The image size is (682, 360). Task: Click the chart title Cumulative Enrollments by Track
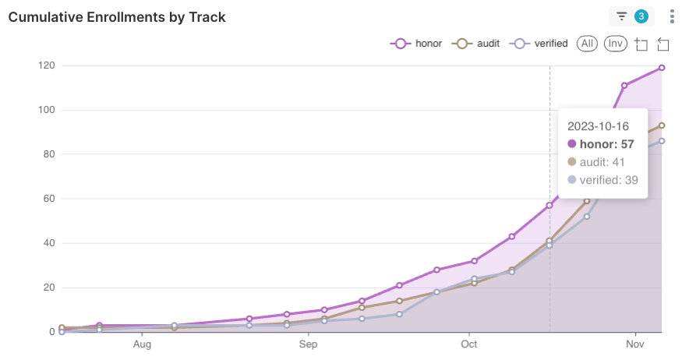[x=117, y=16]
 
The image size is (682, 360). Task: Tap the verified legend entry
[x=539, y=44]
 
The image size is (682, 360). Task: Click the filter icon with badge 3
[x=631, y=16]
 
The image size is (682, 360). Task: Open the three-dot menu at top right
[x=672, y=16]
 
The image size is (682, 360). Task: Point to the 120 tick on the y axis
[x=46, y=65]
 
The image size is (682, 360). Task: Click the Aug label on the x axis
[x=142, y=344]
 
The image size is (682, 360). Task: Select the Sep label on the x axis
[x=309, y=344]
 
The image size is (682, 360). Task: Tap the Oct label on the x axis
[x=469, y=344]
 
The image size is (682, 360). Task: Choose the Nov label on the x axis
[x=635, y=344]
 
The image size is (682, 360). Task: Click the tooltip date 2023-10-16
[x=598, y=125]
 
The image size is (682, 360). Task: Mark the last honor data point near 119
[x=662, y=68]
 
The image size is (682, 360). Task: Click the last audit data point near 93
[x=662, y=125]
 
